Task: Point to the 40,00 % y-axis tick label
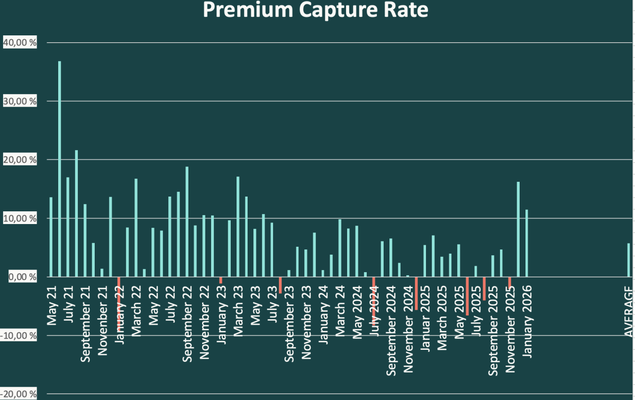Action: (x=20, y=43)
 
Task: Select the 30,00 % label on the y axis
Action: (x=20, y=101)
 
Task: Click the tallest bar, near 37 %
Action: (x=60, y=169)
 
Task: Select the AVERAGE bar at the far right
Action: (x=629, y=260)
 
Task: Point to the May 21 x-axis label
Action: (x=52, y=298)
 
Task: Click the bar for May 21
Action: (x=51, y=237)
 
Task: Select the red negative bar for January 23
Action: (x=221, y=280)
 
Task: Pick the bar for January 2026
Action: (x=527, y=244)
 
